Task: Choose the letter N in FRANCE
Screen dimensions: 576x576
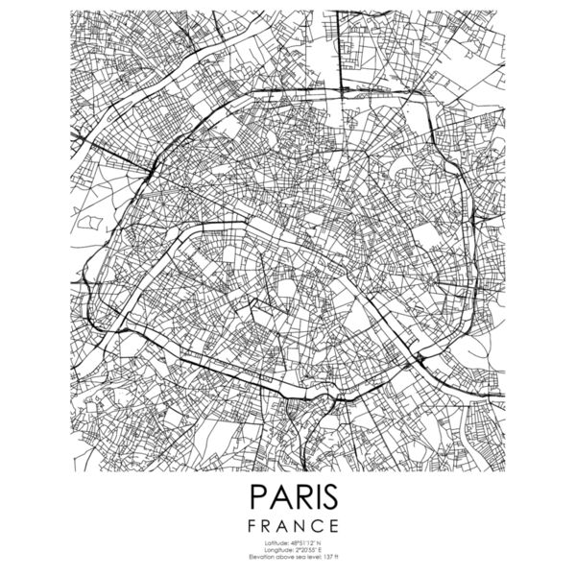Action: (296, 525)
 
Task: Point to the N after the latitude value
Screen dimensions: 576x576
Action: (317, 542)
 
